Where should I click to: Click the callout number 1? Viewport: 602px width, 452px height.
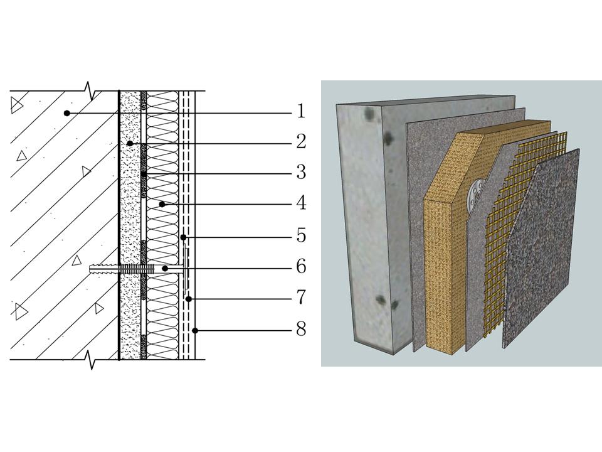click(301, 111)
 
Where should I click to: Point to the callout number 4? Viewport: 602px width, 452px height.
click(302, 203)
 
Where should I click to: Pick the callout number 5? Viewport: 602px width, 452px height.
click(302, 235)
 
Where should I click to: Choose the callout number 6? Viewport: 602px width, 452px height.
click(302, 266)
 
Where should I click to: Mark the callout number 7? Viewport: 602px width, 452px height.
click(302, 297)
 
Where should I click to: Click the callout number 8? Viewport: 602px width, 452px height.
click(302, 329)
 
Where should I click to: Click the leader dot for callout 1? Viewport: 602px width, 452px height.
click(67, 113)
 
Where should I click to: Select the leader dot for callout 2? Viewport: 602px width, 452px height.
click(130, 143)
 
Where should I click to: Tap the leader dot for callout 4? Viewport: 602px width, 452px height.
click(162, 205)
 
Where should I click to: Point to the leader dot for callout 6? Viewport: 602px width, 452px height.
click(165, 268)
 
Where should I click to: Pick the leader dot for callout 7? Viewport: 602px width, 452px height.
click(189, 299)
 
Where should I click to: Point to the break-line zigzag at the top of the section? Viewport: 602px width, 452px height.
click(90, 91)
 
